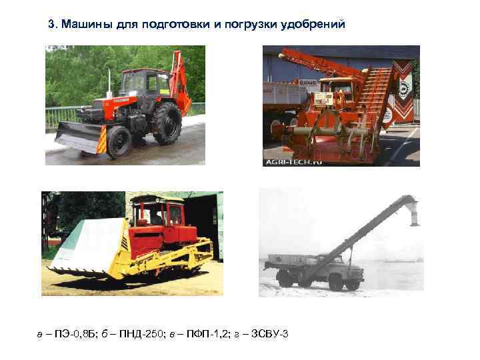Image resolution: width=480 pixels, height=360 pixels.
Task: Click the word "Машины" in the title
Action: click(83, 25)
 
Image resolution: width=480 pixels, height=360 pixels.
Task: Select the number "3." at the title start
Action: click(54, 25)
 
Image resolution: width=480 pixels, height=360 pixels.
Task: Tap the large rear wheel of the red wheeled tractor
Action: click(167, 124)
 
